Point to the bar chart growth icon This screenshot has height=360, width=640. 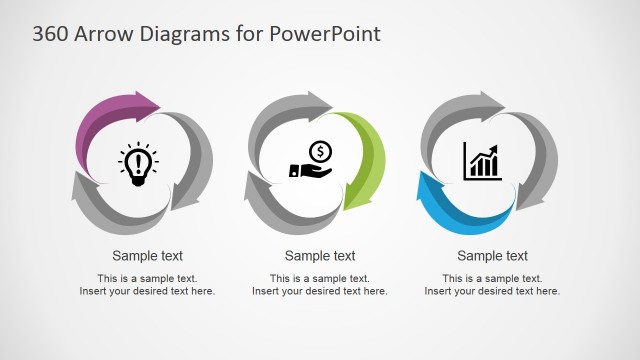[x=482, y=161]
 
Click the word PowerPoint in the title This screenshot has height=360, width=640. [x=324, y=33]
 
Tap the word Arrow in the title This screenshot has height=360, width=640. [x=105, y=33]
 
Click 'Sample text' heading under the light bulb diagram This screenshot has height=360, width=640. [x=147, y=256]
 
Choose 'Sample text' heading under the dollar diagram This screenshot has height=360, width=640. [x=320, y=256]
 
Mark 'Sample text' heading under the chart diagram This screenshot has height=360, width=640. [x=493, y=256]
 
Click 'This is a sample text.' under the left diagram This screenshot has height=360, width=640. [x=147, y=278]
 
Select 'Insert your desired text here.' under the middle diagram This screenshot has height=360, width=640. [x=320, y=291]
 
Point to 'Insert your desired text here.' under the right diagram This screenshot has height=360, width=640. [x=493, y=291]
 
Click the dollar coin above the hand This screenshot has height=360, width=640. [x=320, y=151]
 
